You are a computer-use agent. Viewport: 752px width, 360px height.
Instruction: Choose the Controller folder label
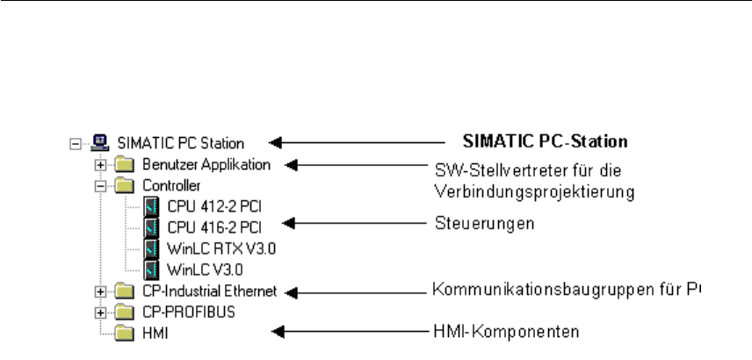coord(171,185)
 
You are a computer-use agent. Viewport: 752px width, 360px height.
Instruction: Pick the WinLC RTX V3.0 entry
coord(209,248)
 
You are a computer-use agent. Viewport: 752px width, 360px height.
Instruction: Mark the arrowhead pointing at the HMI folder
coord(278,331)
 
